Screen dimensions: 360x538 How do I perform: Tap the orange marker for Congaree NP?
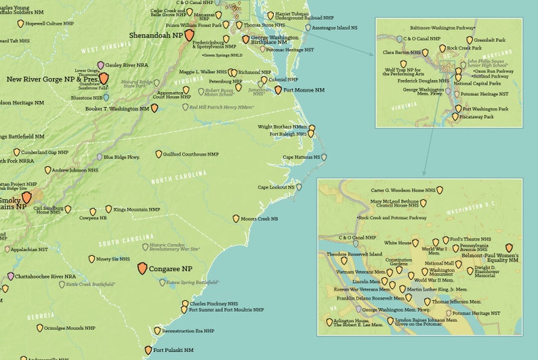coord(142,268)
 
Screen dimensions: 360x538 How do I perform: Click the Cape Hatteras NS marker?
coord(325,157)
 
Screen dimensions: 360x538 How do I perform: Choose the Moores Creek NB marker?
coord(236,219)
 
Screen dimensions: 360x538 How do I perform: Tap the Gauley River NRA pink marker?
coord(101,65)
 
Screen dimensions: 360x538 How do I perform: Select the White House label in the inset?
coord(398,242)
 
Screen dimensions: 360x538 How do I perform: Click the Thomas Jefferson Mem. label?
coord(457,301)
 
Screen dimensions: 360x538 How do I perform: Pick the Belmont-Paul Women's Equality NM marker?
coord(509,248)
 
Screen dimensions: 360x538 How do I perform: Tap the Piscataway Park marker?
coord(455,117)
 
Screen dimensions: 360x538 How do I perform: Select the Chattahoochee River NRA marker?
coord(10,277)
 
